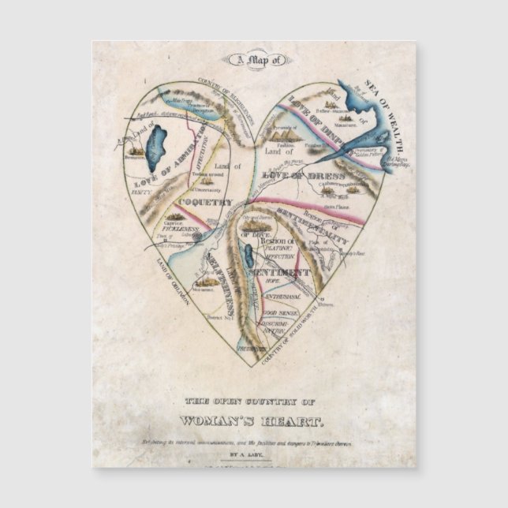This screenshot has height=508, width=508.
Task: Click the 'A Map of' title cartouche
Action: [257, 59]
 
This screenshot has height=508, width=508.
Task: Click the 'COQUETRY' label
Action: [204, 203]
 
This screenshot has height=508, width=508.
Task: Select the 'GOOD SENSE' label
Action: [280, 313]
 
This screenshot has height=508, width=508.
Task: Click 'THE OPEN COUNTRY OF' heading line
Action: [254, 400]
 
